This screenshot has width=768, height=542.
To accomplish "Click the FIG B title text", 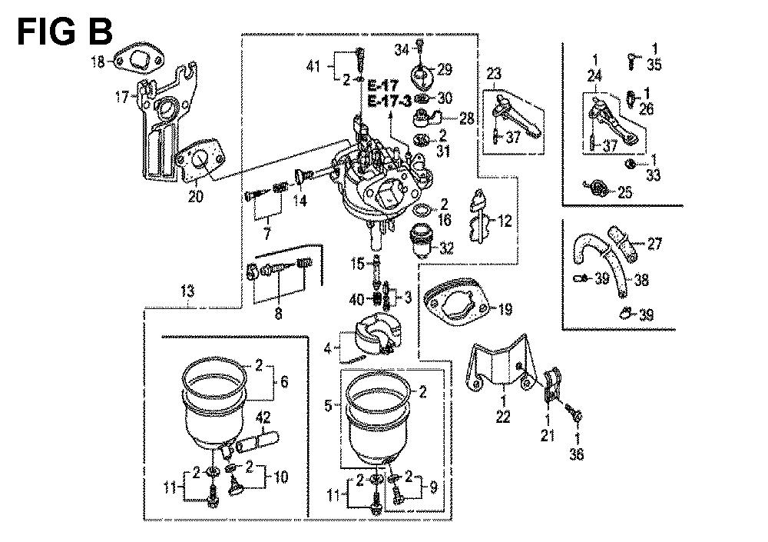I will tap(65, 32).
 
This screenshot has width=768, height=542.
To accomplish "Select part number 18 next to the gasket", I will tap(98, 63).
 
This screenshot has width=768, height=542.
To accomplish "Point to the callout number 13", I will tap(188, 291).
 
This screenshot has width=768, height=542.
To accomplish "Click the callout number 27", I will tap(654, 244).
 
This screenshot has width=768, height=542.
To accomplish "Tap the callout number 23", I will tap(492, 75).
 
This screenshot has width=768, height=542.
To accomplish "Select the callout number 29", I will tap(445, 69).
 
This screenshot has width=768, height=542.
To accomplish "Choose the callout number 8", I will tap(279, 314).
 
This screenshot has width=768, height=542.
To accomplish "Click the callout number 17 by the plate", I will tap(121, 98).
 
